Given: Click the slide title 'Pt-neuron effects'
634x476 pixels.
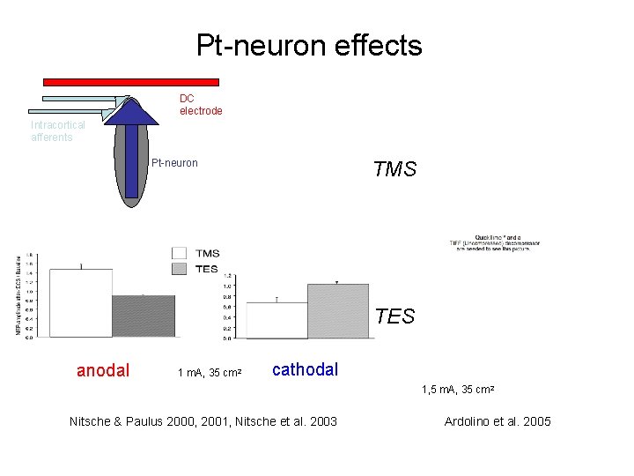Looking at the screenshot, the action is click(309, 45).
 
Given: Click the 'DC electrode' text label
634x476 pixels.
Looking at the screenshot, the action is click(201, 105).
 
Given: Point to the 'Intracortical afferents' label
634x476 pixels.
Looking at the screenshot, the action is click(58, 131).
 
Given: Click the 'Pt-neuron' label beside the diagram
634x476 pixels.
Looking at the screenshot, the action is click(174, 162).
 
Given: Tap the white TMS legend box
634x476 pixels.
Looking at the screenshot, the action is click(180, 254).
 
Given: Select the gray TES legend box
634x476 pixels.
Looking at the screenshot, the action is click(180, 269).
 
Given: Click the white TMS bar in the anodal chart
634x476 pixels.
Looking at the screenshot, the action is click(80, 302).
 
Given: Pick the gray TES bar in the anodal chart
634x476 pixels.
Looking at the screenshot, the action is click(143, 316).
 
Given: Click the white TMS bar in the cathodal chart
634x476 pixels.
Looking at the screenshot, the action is click(276, 320).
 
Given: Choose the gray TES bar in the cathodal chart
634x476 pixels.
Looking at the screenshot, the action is click(338, 310).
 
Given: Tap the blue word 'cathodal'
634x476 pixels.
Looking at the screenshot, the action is click(305, 369).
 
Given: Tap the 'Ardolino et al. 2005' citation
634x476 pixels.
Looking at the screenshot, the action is click(498, 421).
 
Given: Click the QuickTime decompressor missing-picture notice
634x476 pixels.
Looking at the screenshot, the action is click(499, 243).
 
